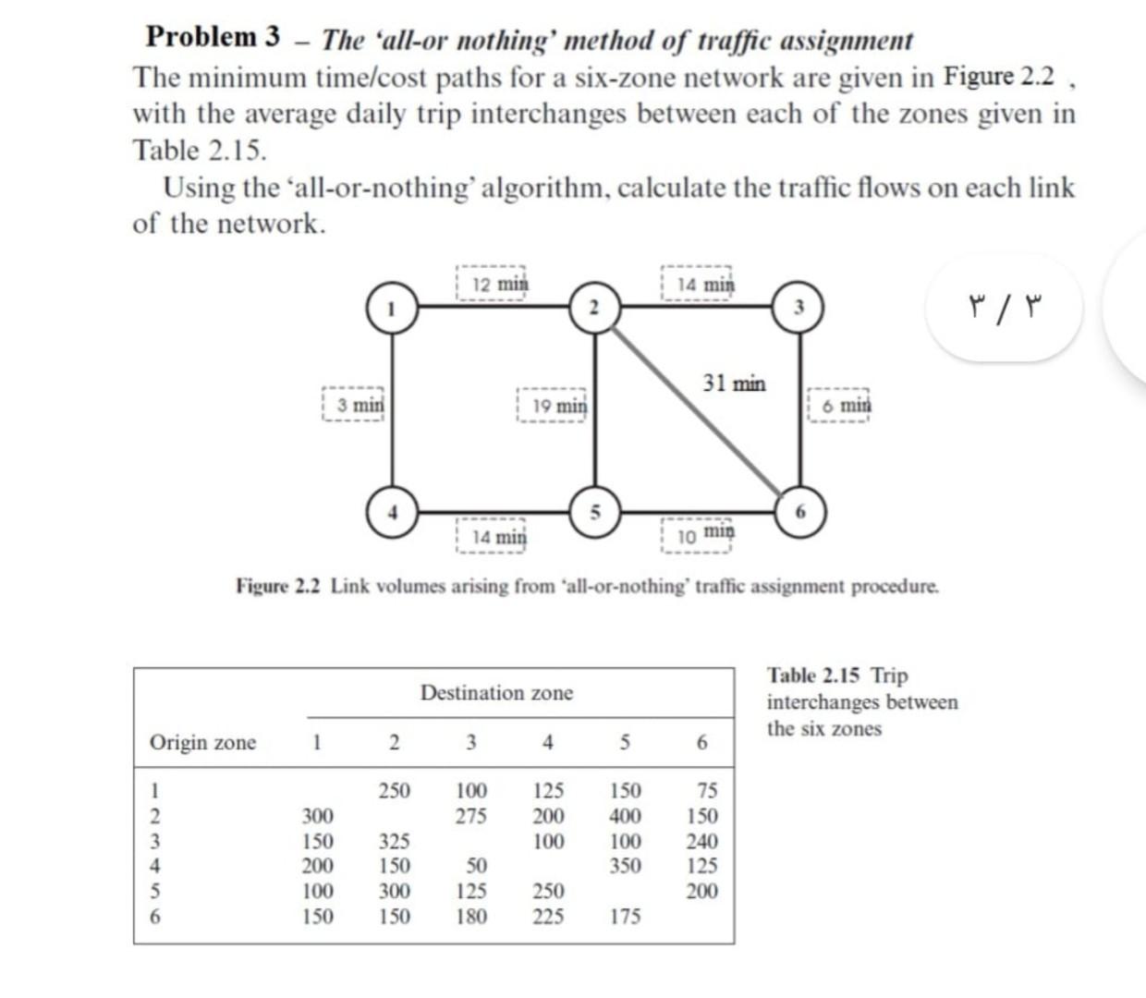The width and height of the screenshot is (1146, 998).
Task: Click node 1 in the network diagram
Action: [392, 307]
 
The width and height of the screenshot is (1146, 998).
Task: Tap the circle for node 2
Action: [595, 307]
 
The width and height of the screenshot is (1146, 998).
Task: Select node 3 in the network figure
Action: [800, 307]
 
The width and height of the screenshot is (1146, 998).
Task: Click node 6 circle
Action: [800, 511]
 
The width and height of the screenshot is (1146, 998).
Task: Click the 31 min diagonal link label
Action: [734, 383]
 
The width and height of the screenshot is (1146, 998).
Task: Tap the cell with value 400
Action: [625, 816]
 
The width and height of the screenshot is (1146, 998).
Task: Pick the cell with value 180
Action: [471, 916]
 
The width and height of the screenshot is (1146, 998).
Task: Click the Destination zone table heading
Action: [496, 693]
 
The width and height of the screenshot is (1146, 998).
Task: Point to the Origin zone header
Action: [202, 742]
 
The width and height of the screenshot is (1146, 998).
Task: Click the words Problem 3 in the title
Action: [213, 37]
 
